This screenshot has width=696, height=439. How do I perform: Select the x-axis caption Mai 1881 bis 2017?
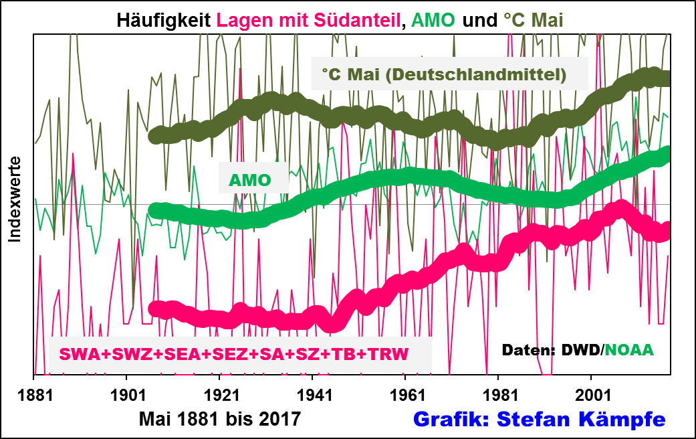220,419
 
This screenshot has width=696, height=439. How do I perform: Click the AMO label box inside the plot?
249,179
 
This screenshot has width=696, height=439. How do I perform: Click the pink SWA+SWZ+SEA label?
234,353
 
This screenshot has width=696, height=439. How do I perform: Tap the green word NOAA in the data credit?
629,349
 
